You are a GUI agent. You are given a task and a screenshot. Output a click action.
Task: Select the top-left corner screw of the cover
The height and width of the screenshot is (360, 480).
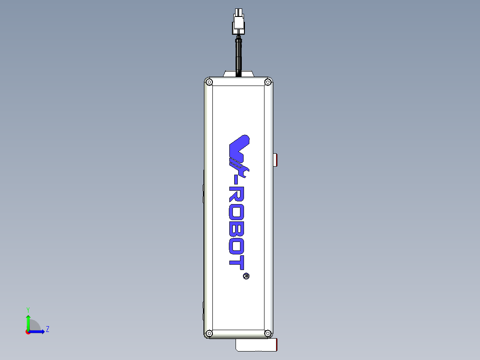(x=209, y=82)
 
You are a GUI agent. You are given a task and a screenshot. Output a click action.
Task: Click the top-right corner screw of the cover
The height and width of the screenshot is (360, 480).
(x=268, y=82)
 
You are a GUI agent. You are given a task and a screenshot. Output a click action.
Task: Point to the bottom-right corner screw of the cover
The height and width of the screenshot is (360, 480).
(x=268, y=333)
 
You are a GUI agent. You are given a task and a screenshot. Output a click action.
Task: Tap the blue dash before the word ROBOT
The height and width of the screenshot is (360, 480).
(x=236, y=182)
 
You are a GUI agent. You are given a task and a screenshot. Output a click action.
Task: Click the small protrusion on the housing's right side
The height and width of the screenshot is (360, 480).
(x=276, y=160)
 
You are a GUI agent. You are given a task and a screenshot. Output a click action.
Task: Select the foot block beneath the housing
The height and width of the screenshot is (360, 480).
(x=256, y=344)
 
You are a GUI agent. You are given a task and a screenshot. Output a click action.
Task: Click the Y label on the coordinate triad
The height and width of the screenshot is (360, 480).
(x=28, y=309)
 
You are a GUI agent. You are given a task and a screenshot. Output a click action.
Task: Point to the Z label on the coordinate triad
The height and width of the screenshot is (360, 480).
(x=47, y=329)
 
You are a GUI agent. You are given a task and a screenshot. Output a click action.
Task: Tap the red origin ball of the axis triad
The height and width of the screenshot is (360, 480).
(x=28, y=331)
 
